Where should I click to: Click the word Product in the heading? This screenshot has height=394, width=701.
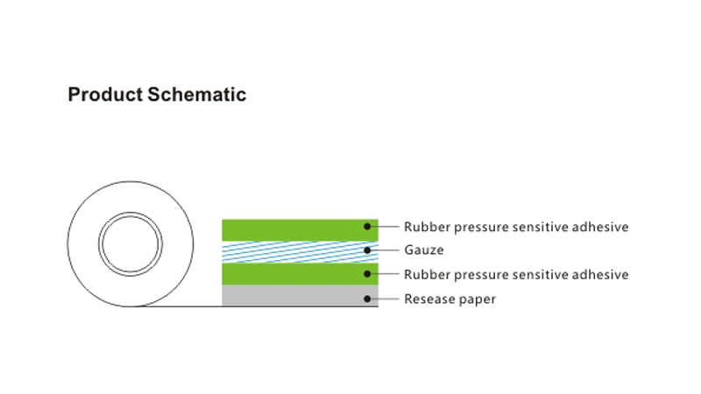click(x=105, y=95)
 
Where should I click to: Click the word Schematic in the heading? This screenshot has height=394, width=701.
click(x=196, y=95)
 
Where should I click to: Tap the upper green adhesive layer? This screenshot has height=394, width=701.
click(x=300, y=230)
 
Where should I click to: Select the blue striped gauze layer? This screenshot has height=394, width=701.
click(x=300, y=252)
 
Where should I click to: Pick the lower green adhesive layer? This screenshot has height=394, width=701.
click(x=300, y=274)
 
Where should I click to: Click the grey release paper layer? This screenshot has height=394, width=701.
click(x=300, y=295)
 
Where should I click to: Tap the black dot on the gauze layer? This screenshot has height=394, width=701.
click(x=367, y=250)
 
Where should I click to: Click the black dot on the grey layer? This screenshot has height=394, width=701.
click(x=367, y=299)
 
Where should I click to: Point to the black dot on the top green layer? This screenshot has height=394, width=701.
click(x=367, y=227)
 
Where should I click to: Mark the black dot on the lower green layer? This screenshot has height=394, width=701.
click(x=367, y=274)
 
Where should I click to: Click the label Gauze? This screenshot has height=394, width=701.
click(x=424, y=250)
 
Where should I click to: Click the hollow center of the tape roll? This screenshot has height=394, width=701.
click(x=130, y=244)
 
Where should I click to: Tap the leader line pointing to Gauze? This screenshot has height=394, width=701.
click(x=385, y=250)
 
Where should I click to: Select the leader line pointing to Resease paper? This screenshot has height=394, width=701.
click(x=385, y=299)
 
